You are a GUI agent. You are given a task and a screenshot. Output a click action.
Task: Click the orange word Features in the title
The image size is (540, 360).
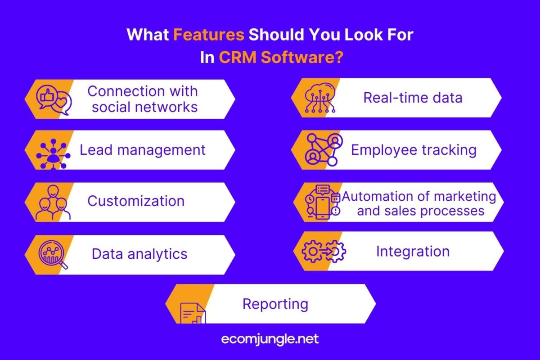click(209, 35)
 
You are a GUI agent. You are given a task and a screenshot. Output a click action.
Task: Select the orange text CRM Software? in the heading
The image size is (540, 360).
click(281, 58)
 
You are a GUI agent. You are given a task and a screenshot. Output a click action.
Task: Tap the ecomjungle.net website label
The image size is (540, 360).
click(270, 339)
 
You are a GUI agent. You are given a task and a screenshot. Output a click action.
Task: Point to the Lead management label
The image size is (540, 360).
click(143, 150)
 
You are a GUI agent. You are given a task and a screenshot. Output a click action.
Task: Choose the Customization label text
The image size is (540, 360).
click(136, 201)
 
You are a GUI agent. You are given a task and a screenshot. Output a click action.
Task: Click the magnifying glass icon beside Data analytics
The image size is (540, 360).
click(53, 255)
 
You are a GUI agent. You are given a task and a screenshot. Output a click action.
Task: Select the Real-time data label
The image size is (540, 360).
click(413, 98)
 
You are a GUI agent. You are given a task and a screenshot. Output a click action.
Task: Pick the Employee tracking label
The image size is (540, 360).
click(414, 150)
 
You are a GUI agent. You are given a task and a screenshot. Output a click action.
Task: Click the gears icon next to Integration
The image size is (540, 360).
click(324, 251)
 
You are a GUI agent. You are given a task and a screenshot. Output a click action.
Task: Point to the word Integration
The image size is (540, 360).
click(413, 252)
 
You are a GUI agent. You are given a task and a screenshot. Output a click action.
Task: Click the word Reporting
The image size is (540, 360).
click(275, 304)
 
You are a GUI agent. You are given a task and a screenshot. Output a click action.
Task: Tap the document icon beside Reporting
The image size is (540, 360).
click(193, 313)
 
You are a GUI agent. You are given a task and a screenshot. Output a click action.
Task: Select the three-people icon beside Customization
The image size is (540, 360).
click(53, 202)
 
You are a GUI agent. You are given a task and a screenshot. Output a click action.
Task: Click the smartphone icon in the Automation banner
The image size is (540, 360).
click(323, 208)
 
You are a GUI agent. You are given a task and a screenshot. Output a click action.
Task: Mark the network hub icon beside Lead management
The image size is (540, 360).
click(53, 154)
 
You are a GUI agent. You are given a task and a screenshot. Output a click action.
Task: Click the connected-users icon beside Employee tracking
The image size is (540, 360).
click(324, 150)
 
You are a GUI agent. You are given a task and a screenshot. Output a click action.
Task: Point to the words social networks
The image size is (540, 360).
click(144, 107)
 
